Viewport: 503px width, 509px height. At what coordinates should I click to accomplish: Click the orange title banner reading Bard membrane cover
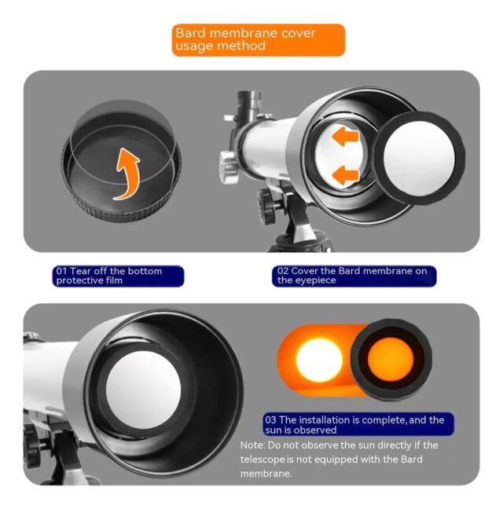[x=258, y=40]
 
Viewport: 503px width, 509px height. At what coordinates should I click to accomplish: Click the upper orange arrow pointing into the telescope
[x=345, y=136]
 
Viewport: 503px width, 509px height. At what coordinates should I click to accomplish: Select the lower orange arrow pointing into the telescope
[x=345, y=175]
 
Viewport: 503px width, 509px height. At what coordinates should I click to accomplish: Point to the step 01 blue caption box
[x=118, y=276]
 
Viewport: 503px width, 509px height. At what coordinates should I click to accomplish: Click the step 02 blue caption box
[x=354, y=276]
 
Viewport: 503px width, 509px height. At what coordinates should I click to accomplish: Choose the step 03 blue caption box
[x=358, y=425]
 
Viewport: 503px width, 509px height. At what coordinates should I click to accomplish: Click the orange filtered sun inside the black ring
[x=391, y=359]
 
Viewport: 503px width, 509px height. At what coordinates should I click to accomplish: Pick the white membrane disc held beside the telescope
[x=419, y=158]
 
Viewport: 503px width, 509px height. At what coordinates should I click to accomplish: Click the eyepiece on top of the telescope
[x=248, y=105]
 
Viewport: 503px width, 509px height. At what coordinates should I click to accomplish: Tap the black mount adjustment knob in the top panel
[x=266, y=207]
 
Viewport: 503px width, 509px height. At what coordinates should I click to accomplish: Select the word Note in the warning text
[x=252, y=445]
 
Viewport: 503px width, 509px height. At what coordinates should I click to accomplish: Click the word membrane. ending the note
[x=266, y=474]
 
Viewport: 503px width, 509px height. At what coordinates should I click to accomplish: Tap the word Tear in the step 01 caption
[x=80, y=271]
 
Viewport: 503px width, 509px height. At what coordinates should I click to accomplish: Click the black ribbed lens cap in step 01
[x=121, y=162]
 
